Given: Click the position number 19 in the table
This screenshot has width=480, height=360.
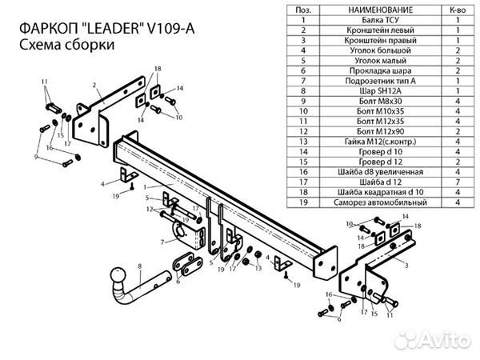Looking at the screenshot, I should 304,203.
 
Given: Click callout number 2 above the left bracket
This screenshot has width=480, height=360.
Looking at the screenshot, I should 94,84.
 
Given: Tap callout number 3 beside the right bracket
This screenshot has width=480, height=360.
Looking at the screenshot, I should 408,264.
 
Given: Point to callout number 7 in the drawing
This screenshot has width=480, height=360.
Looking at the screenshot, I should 162,241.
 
